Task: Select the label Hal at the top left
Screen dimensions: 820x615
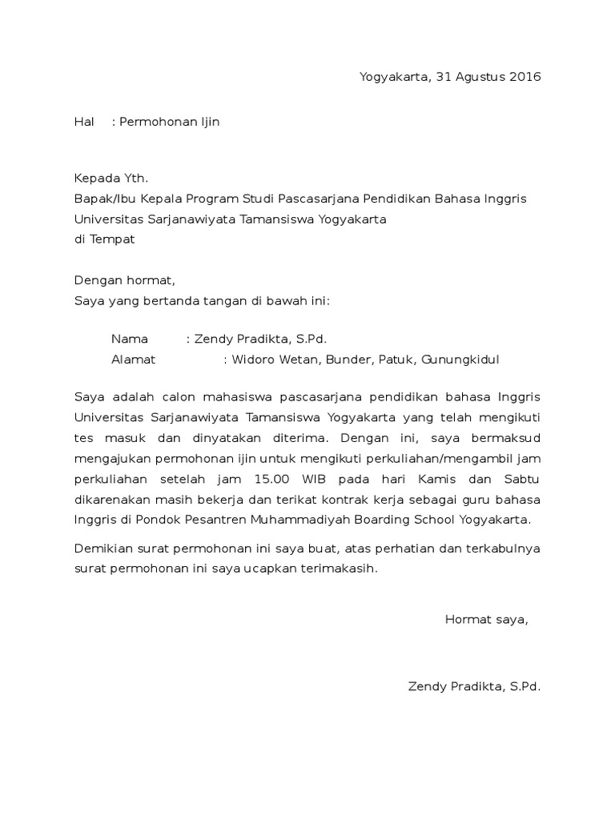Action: (84, 122)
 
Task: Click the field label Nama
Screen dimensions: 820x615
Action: (130, 339)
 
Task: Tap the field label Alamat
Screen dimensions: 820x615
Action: (133, 360)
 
